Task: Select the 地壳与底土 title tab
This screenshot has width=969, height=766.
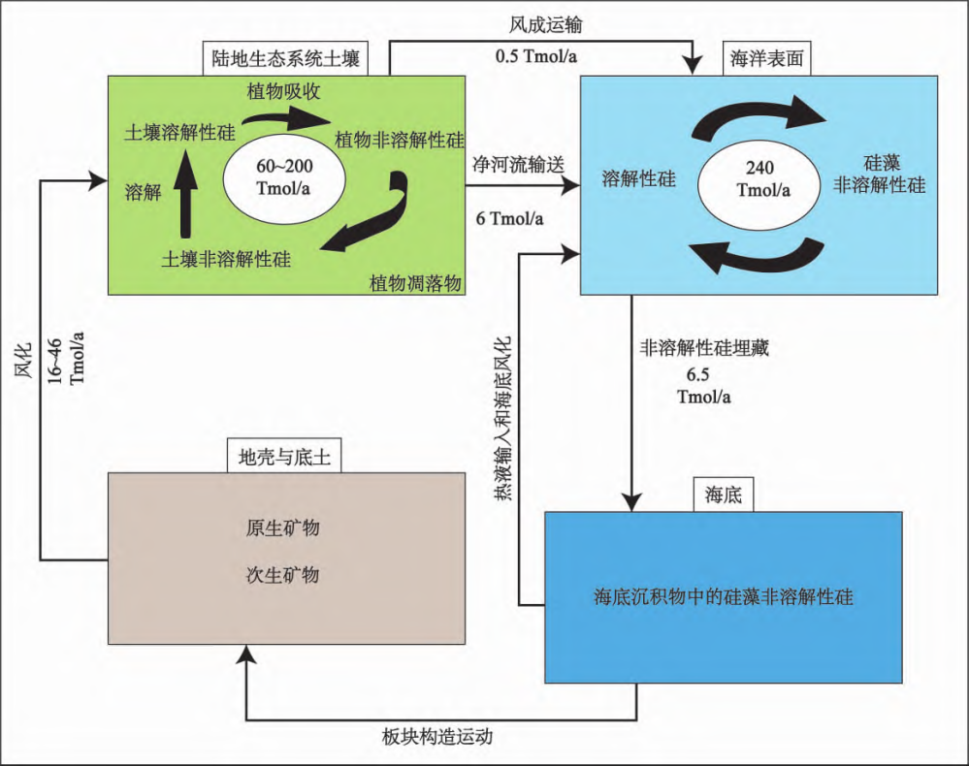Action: point(278,457)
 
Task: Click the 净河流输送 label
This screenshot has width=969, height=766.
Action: point(517,164)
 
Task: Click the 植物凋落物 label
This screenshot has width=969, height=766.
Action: point(415,282)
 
